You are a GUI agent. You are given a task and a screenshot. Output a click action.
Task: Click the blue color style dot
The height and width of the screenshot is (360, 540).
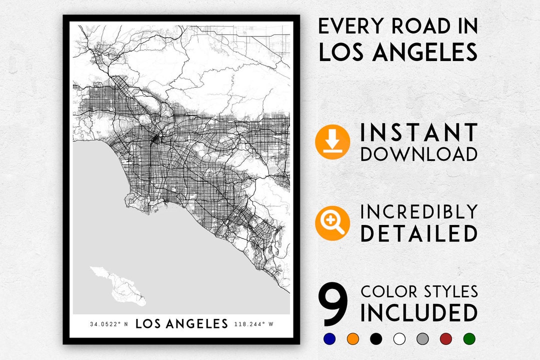(329, 338)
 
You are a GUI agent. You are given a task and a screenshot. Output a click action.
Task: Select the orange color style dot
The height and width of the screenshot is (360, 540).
(352, 338)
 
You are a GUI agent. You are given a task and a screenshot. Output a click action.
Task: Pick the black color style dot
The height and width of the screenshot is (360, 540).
(375, 338)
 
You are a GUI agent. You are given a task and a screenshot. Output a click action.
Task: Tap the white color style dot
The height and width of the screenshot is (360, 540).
(399, 338)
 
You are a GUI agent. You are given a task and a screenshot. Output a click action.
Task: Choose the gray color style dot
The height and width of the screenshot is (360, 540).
(422, 338)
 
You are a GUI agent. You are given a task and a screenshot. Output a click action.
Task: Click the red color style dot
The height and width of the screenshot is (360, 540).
(445, 338)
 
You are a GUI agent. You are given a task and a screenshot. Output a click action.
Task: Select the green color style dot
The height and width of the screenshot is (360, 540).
(469, 338)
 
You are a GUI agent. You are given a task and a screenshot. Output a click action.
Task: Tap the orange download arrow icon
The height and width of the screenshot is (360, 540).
(332, 142)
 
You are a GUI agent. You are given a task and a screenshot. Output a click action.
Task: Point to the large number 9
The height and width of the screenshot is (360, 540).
(333, 303)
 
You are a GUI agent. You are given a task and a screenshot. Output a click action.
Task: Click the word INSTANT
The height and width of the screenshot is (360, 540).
(419, 132)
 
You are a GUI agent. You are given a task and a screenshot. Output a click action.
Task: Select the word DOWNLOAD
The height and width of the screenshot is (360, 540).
(419, 154)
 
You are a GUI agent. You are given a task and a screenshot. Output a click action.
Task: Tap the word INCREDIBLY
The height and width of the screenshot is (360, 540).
(419, 212)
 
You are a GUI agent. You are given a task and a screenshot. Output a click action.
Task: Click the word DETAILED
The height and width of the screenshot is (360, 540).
(419, 233)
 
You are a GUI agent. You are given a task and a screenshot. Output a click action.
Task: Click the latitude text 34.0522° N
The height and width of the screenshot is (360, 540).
(108, 324)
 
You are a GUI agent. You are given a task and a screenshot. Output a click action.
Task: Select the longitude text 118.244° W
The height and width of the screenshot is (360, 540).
(254, 324)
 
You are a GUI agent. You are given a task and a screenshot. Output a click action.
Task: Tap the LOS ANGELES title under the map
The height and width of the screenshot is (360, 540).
(181, 324)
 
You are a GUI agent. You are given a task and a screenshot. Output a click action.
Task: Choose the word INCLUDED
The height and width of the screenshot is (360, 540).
(419, 313)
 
